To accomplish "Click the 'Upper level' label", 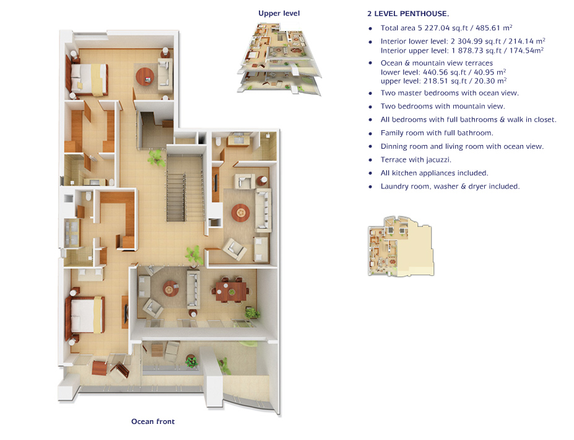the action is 279,13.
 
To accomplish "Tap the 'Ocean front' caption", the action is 153,421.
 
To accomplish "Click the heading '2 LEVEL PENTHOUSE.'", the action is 408,14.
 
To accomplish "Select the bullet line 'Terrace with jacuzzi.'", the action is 416,160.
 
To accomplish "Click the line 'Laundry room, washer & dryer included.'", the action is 450,186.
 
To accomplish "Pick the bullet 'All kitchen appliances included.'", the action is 434,173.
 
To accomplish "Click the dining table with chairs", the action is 232,291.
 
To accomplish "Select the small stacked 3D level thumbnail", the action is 279,58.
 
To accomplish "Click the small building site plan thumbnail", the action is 401,246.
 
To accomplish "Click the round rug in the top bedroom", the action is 146,77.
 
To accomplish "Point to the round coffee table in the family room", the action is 240,213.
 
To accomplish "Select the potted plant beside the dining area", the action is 252,312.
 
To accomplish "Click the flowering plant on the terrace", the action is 191,361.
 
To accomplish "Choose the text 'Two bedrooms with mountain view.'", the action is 443,106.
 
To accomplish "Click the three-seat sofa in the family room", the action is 263,210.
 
